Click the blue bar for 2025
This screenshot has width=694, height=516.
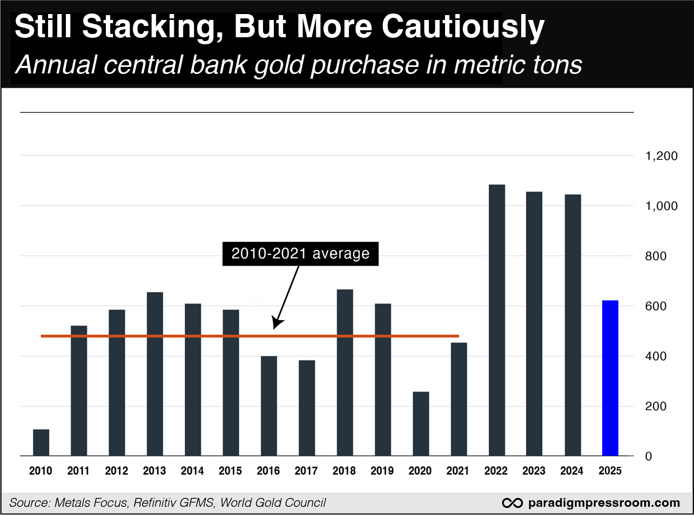tap(610, 378)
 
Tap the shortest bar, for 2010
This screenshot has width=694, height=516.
tap(41, 443)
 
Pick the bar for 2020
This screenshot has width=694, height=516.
tap(420, 424)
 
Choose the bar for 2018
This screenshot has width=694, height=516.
tap(345, 372)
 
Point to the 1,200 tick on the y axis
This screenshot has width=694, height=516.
tap(661, 156)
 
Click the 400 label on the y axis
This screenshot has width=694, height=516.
tap(656, 356)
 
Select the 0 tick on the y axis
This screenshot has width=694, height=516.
tap(649, 457)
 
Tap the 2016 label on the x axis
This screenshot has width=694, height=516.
tap(268, 471)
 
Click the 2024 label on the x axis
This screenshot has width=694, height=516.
tap(572, 471)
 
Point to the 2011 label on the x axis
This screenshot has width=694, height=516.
tap(79, 471)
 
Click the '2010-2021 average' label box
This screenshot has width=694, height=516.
tap(300, 254)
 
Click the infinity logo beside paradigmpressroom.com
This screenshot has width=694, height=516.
tap(511, 503)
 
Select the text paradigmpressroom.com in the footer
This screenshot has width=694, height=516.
tap(603, 503)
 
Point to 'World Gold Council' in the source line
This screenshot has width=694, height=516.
tap(273, 503)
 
